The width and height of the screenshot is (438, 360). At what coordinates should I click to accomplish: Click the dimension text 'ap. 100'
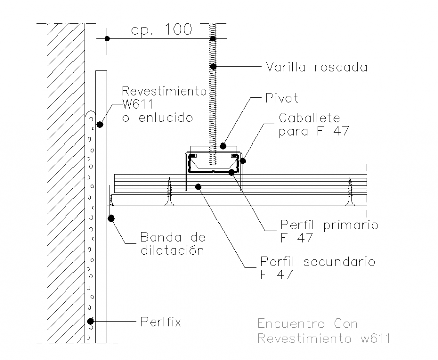[x=162, y=30]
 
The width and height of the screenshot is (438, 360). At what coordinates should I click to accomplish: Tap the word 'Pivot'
[x=281, y=98]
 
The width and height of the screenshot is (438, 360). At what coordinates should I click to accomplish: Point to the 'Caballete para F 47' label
[x=310, y=125]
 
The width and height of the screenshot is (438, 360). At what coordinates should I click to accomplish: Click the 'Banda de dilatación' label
[x=172, y=244]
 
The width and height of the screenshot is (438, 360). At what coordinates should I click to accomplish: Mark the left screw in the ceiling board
[x=170, y=191]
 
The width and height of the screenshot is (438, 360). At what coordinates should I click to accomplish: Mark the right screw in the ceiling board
[x=350, y=191]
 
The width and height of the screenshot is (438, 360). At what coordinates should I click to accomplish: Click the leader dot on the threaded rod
[x=213, y=66]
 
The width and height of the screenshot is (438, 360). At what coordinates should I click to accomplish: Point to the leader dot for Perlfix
[x=90, y=321]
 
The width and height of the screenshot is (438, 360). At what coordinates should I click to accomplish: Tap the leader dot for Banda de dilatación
[x=111, y=218]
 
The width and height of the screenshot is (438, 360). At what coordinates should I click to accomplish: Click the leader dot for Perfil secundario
[x=198, y=187]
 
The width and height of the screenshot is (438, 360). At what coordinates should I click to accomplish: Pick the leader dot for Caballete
[x=243, y=161]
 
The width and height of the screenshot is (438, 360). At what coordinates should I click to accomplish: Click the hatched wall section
[x=65, y=181]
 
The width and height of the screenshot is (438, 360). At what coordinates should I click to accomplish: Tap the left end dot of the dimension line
[x=107, y=39]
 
